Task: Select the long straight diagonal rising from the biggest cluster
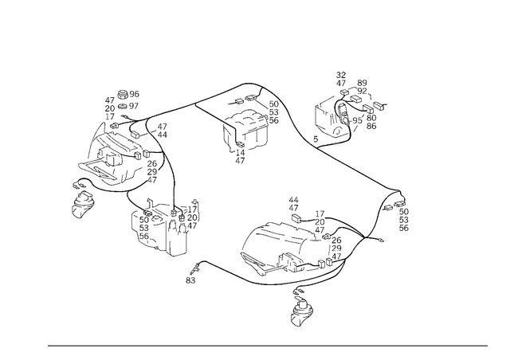click(x=199, y=101)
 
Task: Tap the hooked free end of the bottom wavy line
click(x=191, y=278)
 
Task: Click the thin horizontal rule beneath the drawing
click(x=267, y=345)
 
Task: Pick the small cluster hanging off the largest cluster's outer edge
click(x=82, y=199)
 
